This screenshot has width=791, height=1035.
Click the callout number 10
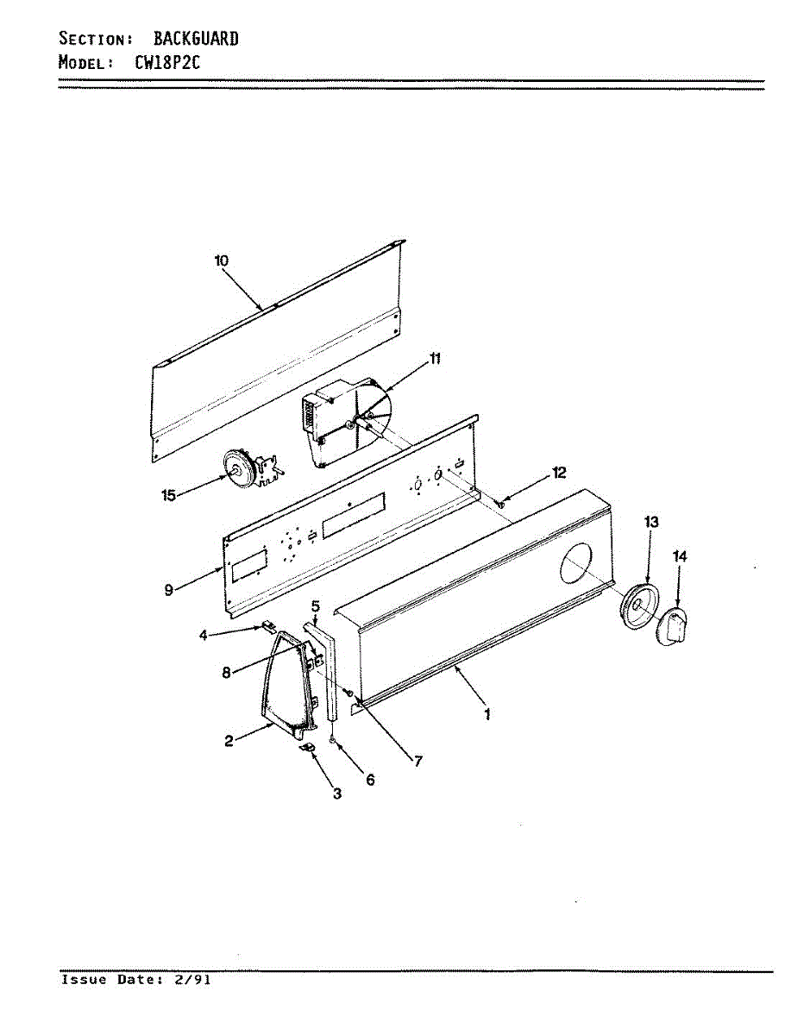(221, 260)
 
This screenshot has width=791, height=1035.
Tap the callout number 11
(435, 359)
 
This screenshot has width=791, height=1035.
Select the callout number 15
(168, 495)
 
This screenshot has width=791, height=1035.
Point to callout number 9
(169, 590)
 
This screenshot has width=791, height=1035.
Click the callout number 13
(651, 521)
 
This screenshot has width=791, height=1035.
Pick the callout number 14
(680, 557)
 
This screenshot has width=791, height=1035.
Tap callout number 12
(559, 472)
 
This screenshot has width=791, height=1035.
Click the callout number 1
(487, 714)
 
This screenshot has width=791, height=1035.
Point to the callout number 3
(337, 793)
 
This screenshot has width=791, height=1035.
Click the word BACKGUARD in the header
(196, 38)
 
